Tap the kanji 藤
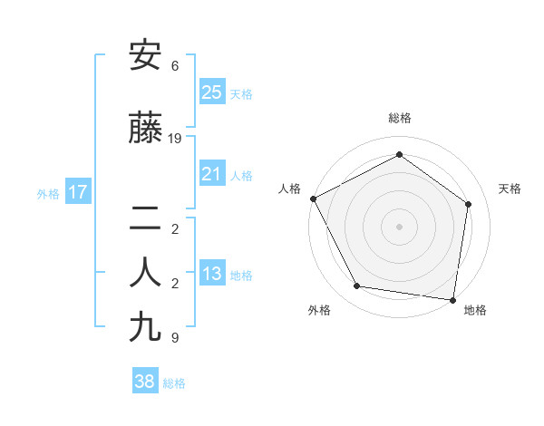[145, 129]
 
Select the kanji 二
[145, 218]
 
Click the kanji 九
[145, 326]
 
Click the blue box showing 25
[211, 92]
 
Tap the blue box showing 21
[211, 174]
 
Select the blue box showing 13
[211, 274]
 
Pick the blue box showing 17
[77, 192]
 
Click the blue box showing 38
[145, 382]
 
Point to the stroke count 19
[175, 139]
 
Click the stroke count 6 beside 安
[175, 66]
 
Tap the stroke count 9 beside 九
[175, 338]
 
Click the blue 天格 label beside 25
[241, 94]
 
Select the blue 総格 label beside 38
[174, 383]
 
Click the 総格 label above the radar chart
[399, 118]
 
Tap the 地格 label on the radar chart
[475, 310]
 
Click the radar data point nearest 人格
[313, 198]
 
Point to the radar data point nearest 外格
[357, 286]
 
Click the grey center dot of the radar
[399, 226]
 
